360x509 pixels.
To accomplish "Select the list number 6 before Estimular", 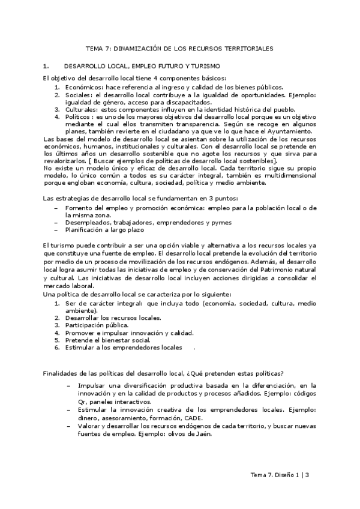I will click(56, 347).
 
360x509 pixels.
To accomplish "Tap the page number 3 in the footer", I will click(307, 475).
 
